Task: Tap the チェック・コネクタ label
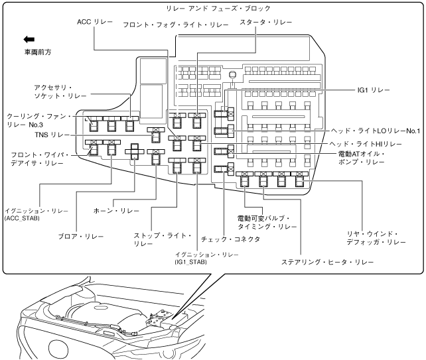pos(230,239)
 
